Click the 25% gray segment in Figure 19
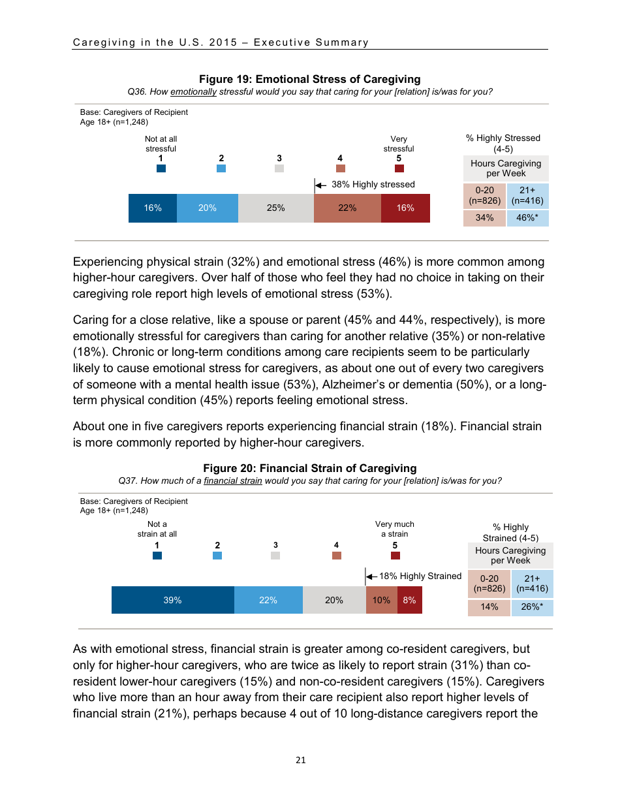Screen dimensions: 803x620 [275, 208]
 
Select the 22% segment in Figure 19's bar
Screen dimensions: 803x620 [347, 208]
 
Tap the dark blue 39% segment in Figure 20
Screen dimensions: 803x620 [172, 600]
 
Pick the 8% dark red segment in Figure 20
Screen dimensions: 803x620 [409, 600]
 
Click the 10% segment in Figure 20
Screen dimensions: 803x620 [381, 600]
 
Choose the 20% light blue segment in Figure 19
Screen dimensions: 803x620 [208, 208]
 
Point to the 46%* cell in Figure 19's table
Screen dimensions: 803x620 [527, 218]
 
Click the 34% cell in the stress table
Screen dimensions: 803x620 [484, 218]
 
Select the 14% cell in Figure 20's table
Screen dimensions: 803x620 [489, 607]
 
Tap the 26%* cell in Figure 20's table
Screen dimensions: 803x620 [532, 607]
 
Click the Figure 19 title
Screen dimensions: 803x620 [309, 80]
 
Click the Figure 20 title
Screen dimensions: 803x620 [309, 468]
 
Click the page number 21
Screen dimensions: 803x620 [300, 760]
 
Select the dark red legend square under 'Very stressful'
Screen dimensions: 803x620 [399, 168]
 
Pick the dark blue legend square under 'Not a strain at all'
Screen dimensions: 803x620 [157, 556]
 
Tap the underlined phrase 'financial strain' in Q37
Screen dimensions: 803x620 [233, 481]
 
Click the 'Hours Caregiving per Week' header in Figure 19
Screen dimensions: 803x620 [506, 168]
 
